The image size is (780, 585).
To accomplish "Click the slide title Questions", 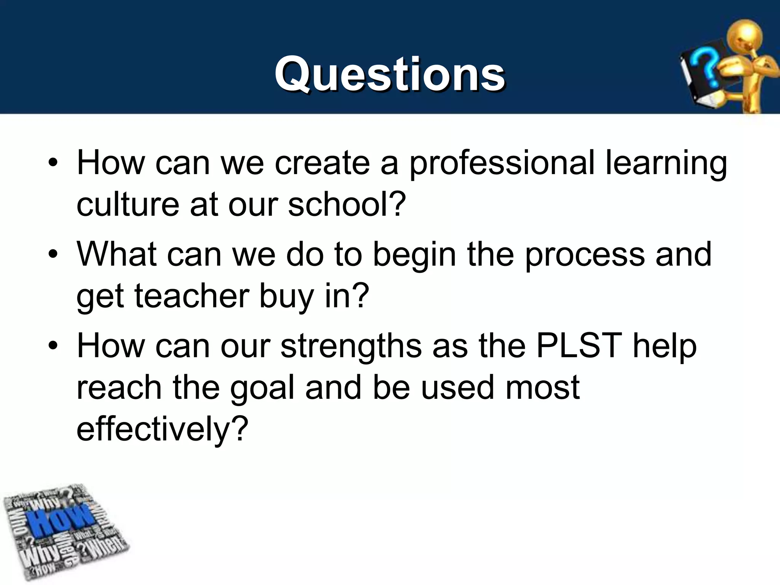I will click(390, 74).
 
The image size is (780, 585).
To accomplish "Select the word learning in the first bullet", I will click(666, 164).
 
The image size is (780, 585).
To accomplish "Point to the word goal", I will click(262, 388).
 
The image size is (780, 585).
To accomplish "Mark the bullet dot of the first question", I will click(53, 164).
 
